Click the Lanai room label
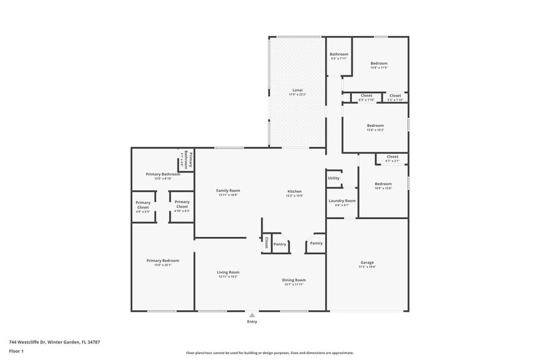(298, 91)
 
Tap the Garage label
(367, 263)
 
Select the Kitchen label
(294, 192)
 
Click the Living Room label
(228, 272)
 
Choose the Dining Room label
(294, 280)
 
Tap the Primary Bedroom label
(163, 261)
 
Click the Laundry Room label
(342, 201)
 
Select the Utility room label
(334, 178)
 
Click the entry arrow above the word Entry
(252, 315)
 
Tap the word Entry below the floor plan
(252, 321)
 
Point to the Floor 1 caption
(17, 351)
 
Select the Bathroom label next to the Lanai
(339, 54)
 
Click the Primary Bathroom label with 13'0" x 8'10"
(163, 174)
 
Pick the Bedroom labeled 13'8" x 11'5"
(378, 64)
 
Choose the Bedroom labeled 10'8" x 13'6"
(383, 184)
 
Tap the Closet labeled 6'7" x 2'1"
(392, 157)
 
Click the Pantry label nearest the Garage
(316, 243)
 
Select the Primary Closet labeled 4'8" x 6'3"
(143, 205)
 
